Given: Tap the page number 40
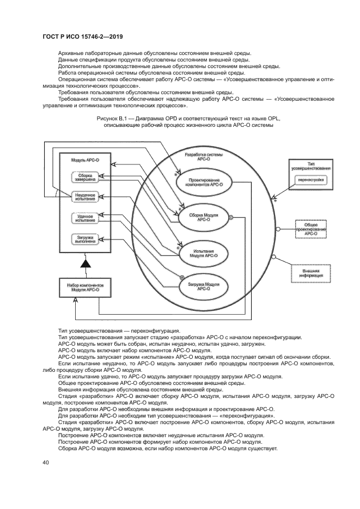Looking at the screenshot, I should point(45,462).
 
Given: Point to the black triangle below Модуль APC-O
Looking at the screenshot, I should point(84,263).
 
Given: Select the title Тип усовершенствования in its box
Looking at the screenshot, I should point(311,167).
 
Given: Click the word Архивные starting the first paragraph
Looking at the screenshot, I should point(70,53).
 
